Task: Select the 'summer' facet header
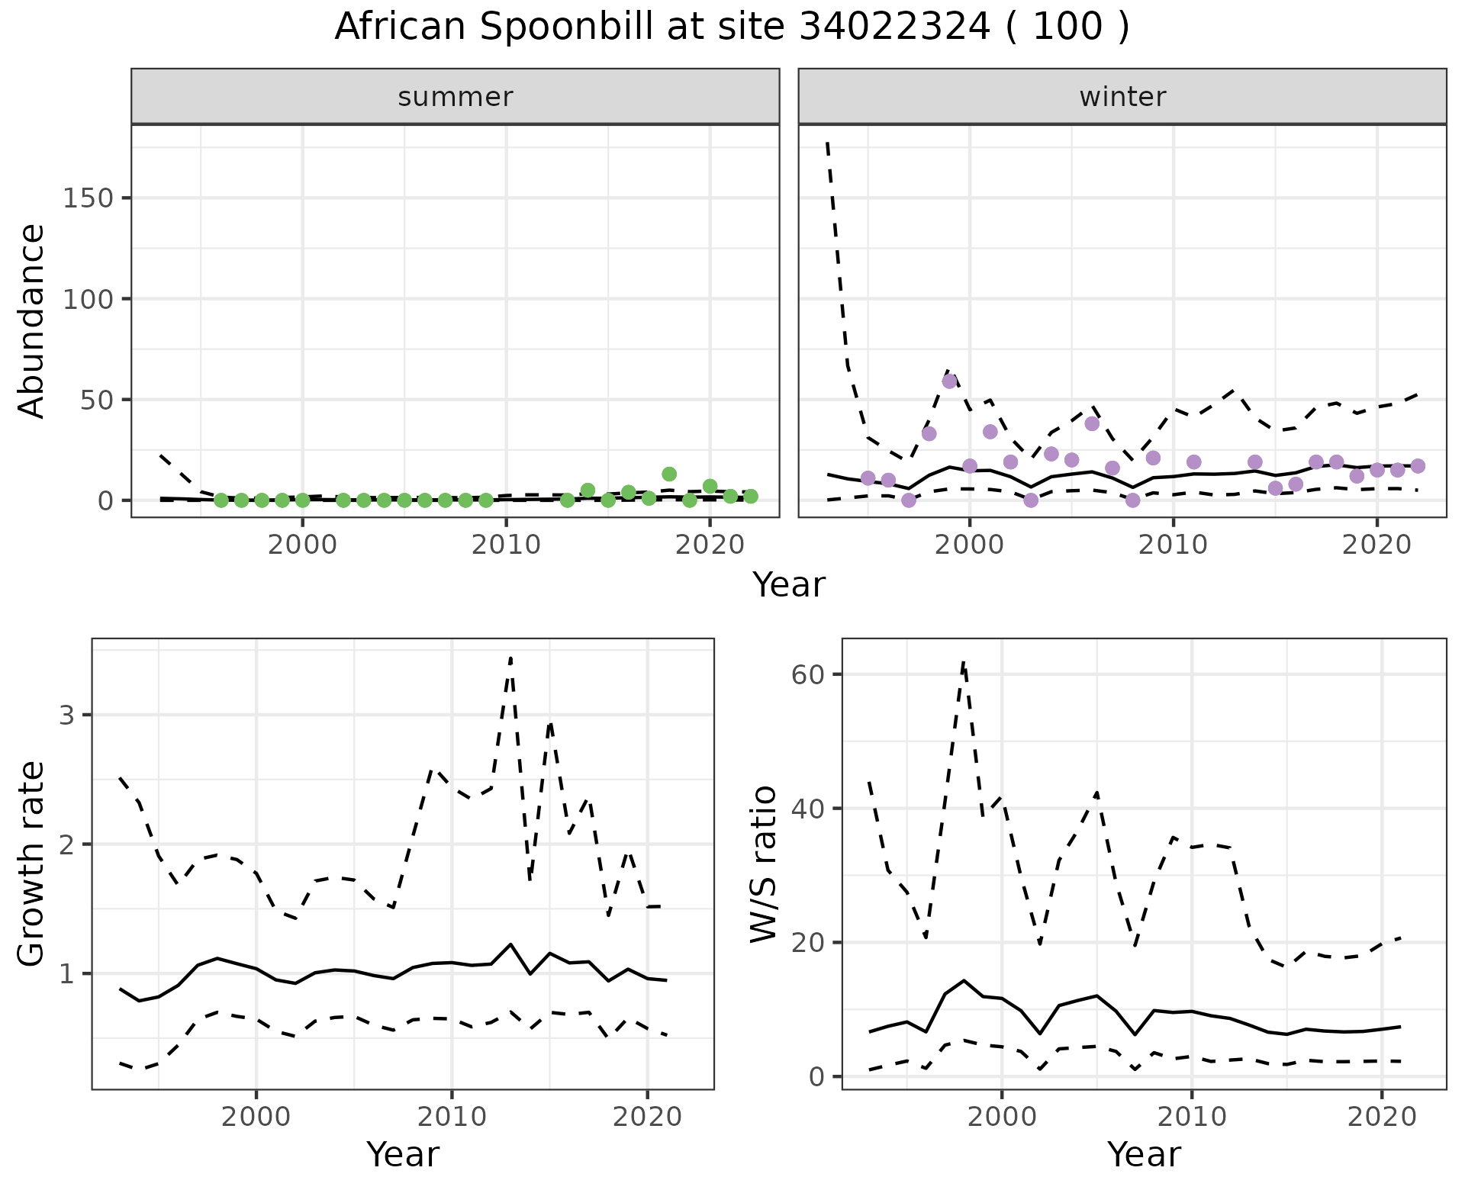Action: point(455,97)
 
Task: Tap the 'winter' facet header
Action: point(1122,97)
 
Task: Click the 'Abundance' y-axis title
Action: point(32,320)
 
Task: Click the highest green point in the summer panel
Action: point(669,474)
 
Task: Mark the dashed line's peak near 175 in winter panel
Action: point(828,143)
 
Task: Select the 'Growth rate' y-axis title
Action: point(32,864)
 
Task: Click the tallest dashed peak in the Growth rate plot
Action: point(510,658)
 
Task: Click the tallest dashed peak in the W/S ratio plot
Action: point(964,662)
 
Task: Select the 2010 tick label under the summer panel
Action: point(506,545)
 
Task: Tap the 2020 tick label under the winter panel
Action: point(1377,545)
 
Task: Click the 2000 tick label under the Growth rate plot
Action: point(256,1118)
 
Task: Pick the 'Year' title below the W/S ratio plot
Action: point(1144,1155)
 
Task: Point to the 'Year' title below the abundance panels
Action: point(789,585)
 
